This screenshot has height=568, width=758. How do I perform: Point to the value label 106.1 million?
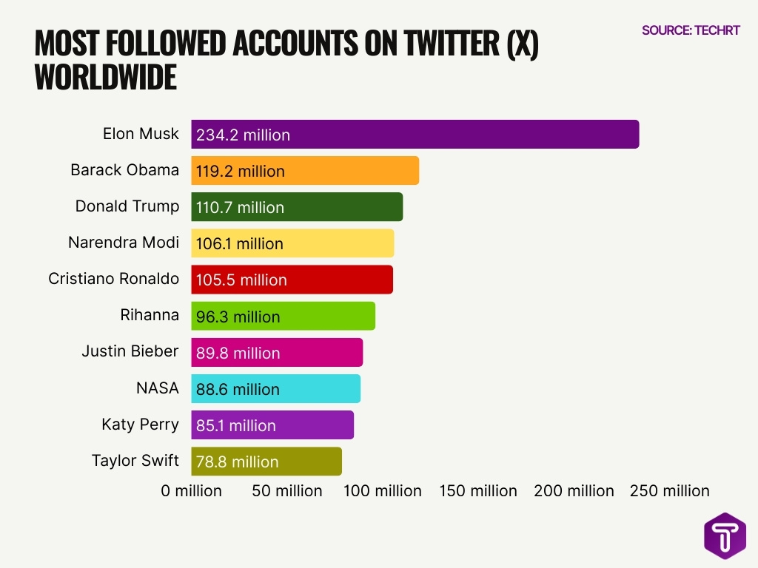click(240, 243)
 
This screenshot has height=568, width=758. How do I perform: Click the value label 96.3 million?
click(238, 317)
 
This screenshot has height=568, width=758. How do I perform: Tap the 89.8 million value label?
click(238, 353)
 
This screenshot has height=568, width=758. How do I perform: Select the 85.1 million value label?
click(236, 425)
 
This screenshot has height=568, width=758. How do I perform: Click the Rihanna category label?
click(150, 315)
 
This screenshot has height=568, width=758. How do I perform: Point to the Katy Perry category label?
click(140, 425)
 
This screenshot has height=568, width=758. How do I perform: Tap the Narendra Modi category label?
click(124, 243)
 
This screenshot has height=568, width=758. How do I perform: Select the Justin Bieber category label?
click(130, 351)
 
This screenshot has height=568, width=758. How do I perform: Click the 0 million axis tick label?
click(192, 491)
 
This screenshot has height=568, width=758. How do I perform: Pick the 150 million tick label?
click(478, 491)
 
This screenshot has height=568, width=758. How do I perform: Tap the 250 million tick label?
click(669, 491)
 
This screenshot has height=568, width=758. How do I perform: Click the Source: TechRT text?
click(691, 30)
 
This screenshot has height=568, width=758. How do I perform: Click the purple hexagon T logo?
click(725, 535)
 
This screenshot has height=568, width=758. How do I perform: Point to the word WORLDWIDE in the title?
click(106, 78)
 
